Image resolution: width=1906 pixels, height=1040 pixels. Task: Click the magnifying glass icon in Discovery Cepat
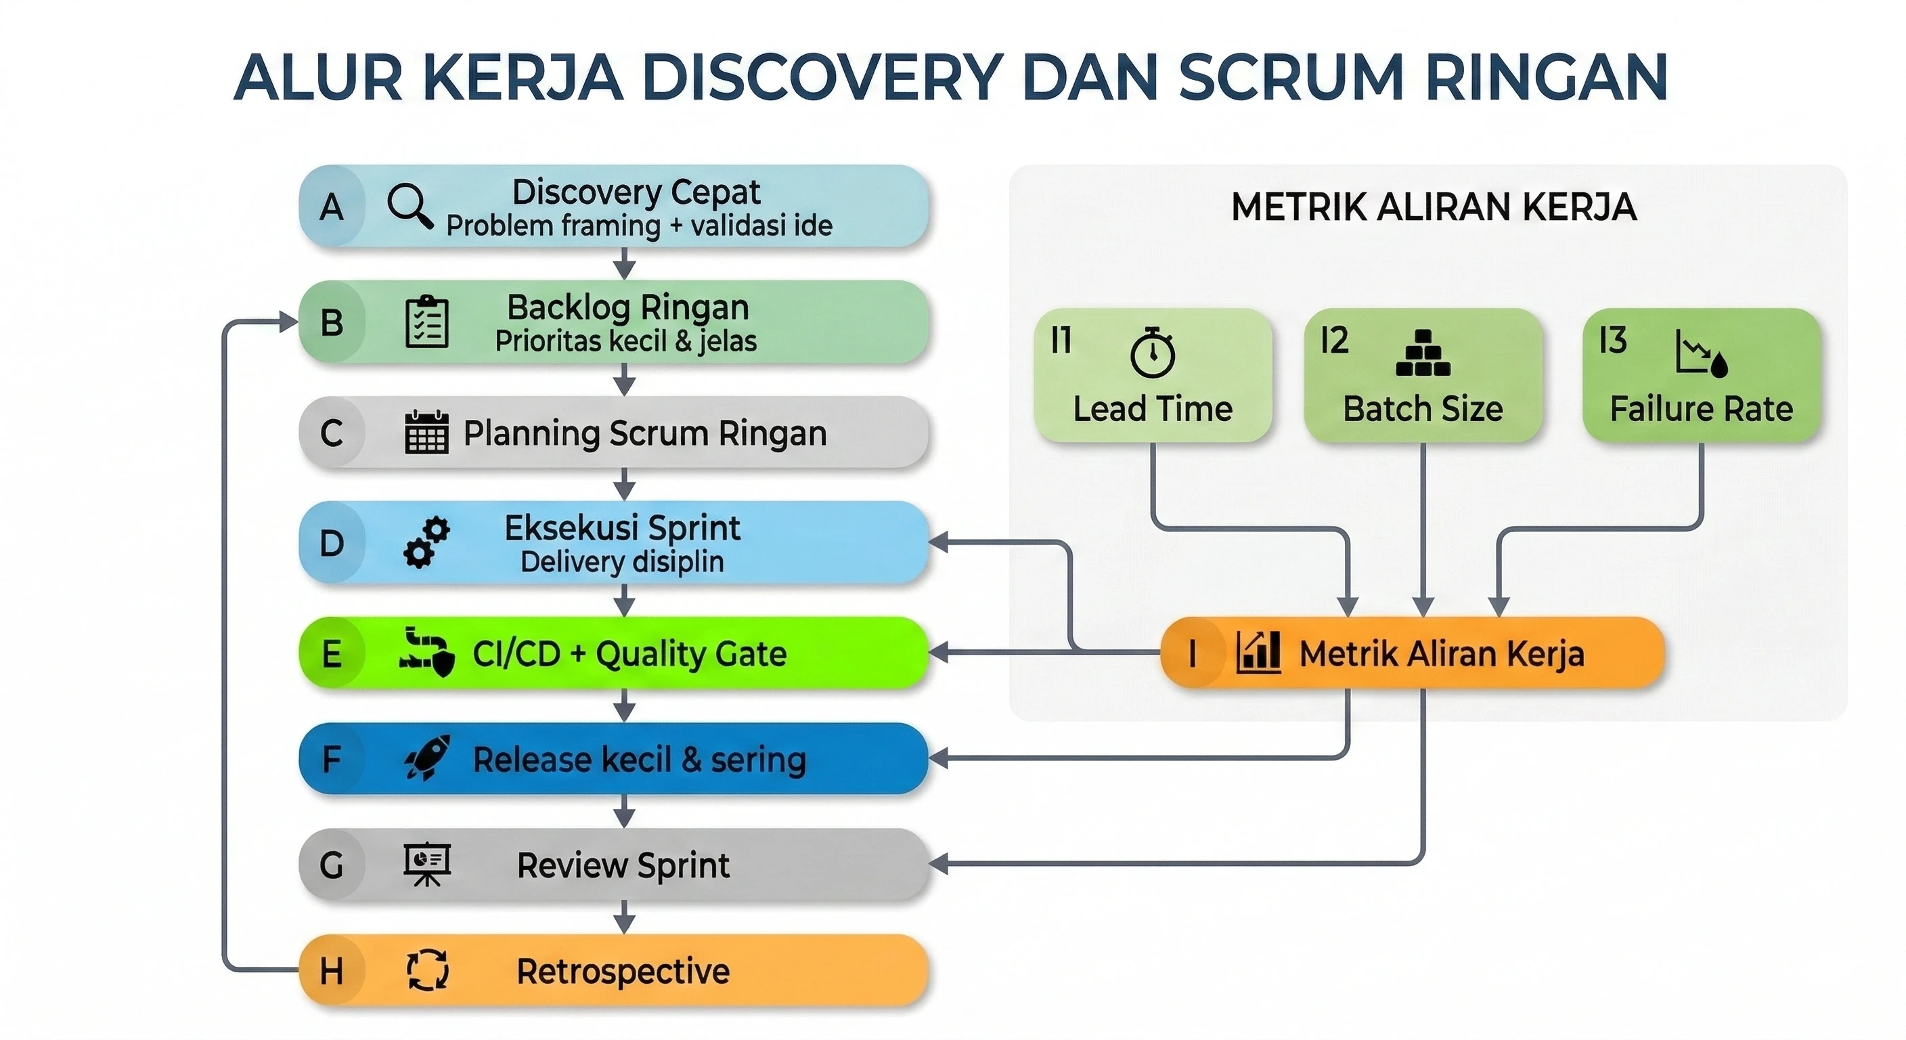pyautogui.click(x=410, y=205)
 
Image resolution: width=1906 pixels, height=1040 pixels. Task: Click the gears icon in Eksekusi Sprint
pyautogui.click(x=427, y=542)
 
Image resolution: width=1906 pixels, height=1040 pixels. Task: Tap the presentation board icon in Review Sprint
pyautogui.click(x=427, y=864)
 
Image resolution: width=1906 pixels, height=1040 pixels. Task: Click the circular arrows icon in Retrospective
pyautogui.click(x=428, y=970)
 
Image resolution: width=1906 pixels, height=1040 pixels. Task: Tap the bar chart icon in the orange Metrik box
pyautogui.click(x=1258, y=652)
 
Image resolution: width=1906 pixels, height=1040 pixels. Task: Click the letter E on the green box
pyautogui.click(x=332, y=653)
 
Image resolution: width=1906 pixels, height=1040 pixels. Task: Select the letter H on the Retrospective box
pyautogui.click(x=332, y=970)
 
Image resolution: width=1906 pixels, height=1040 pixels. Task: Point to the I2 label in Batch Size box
pyautogui.click(x=1334, y=341)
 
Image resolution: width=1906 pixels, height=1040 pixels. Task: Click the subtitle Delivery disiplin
pyautogui.click(x=621, y=562)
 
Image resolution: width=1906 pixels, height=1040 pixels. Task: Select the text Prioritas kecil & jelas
pyautogui.click(x=625, y=341)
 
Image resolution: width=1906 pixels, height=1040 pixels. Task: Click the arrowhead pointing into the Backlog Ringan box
pyautogui.click(x=288, y=321)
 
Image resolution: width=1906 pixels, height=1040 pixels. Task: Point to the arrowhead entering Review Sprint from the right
pyautogui.click(x=938, y=864)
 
